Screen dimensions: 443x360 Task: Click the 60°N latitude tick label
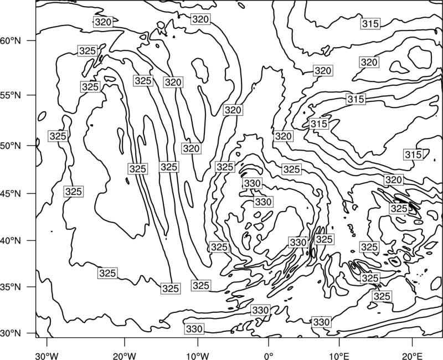11,41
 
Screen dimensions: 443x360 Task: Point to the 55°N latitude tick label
11,95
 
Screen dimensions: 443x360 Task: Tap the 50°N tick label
11,146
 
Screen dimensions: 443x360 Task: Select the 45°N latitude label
11,193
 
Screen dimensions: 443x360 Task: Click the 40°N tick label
11,241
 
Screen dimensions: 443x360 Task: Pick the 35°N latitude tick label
11,287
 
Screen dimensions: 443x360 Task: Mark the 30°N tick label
11,333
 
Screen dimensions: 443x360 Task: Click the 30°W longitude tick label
47,356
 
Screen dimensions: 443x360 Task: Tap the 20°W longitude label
125,356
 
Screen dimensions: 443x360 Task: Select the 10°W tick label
198,356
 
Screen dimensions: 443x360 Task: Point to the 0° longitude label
269,356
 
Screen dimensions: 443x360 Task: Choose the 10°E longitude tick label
339,356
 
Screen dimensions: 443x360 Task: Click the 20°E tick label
412,356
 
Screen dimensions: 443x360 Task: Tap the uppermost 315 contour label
370,24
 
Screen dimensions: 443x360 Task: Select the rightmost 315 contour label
413,155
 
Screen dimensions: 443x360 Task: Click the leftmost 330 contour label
194,329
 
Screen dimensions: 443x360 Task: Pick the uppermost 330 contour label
253,183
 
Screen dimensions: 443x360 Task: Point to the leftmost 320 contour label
103,22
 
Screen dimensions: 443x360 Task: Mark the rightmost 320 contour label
394,179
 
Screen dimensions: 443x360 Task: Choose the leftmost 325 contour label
58,136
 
